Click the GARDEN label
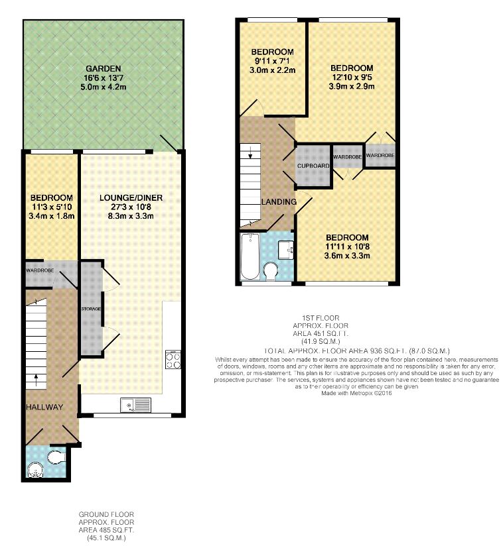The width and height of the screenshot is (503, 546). pyautogui.click(x=104, y=69)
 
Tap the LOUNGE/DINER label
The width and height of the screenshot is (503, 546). pyautogui.click(x=131, y=197)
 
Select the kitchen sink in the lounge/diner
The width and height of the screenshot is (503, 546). pyautogui.click(x=135, y=405)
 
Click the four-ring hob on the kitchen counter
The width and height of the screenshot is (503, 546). pyautogui.click(x=173, y=360)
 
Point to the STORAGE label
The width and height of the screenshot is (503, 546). pyautogui.click(x=91, y=309)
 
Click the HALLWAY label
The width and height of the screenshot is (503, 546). pyautogui.click(x=44, y=407)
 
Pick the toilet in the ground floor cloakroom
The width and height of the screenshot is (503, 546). pyautogui.click(x=57, y=457)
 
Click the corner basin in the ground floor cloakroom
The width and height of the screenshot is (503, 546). pyautogui.click(x=35, y=470)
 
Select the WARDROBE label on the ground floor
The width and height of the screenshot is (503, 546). pyautogui.click(x=40, y=270)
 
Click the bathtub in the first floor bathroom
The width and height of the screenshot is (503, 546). pyautogui.click(x=250, y=256)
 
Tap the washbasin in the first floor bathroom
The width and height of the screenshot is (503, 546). pyautogui.click(x=286, y=250)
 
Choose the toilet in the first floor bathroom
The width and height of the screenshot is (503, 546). pyautogui.click(x=270, y=272)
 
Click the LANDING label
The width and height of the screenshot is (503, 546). pyautogui.click(x=279, y=201)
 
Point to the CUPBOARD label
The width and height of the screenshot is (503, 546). pyautogui.click(x=313, y=166)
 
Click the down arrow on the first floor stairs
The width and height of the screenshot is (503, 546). pyautogui.click(x=250, y=152)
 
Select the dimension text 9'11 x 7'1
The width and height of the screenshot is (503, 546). pyautogui.click(x=273, y=61)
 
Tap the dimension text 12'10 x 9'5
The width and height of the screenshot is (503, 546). pyautogui.click(x=352, y=77)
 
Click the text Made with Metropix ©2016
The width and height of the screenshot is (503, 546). pyautogui.click(x=356, y=393)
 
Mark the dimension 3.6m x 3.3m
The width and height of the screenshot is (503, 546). pyautogui.click(x=347, y=256)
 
